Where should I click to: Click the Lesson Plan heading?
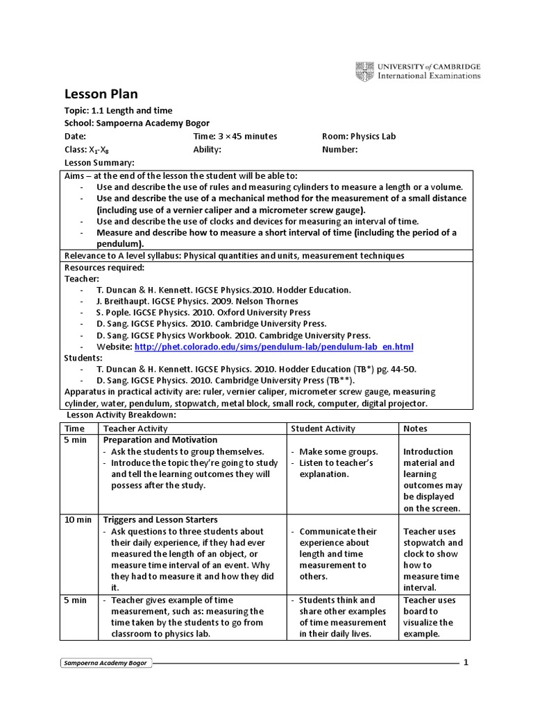pyautogui.click(x=101, y=94)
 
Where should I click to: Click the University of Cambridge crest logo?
pyautogui.click(x=364, y=71)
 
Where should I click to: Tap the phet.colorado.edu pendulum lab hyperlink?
pyautogui.click(x=273, y=346)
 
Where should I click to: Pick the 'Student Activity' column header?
pyautogui.click(x=323, y=428)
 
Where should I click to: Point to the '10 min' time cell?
pyautogui.click(x=77, y=519)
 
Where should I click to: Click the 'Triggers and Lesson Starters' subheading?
pyautogui.click(x=160, y=519)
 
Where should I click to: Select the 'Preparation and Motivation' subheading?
pyautogui.click(x=160, y=440)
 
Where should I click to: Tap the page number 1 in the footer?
pyautogui.click(x=466, y=662)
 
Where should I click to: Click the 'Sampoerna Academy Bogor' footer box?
pyautogui.click(x=107, y=664)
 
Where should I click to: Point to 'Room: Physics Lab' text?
pyautogui.click(x=359, y=137)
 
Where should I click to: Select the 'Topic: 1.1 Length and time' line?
pyautogui.click(x=118, y=110)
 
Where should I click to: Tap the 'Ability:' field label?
pyautogui.click(x=207, y=149)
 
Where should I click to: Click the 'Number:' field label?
pyautogui.click(x=340, y=149)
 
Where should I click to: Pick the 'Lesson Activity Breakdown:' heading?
pyautogui.click(x=121, y=415)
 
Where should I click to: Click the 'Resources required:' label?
pyautogui.click(x=104, y=267)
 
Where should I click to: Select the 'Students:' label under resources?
pyautogui.click(x=83, y=358)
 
